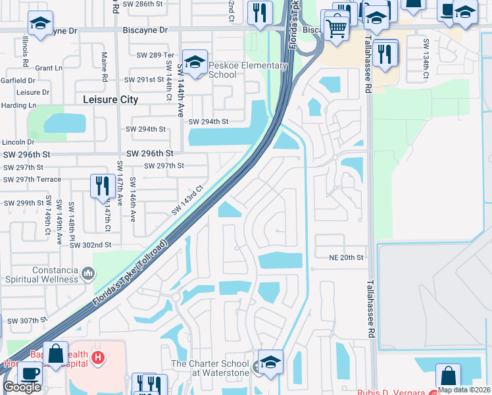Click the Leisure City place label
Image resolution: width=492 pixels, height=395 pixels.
(x=111, y=99)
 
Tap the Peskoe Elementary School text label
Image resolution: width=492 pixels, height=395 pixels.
(x=248, y=70)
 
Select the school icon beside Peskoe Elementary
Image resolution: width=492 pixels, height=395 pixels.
(x=195, y=62)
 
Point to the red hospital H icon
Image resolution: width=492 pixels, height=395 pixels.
(x=98, y=358)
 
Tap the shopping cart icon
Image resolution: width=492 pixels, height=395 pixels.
(x=336, y=28)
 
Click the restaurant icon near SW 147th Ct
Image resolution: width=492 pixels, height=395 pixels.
(x=102, y=186)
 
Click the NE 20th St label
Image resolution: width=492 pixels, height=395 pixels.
(x=347, y=257)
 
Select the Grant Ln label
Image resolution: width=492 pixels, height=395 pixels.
(x=49, y=68)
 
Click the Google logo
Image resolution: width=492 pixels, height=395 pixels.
(x=22, y=387)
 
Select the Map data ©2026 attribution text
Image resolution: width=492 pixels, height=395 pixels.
(x=463, y=390)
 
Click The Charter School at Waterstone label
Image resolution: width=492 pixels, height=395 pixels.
(x=210, y=368)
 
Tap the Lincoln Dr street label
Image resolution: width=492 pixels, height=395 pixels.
(x=18, y=142)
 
